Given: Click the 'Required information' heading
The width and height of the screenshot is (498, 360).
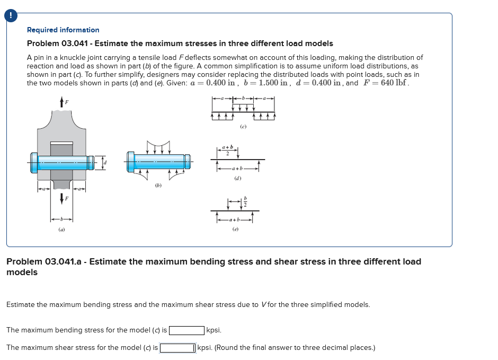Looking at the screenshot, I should [63, 30].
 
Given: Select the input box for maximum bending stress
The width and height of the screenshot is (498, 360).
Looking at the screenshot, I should [186, 330].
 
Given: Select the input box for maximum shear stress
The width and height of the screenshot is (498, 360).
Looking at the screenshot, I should [178, 348].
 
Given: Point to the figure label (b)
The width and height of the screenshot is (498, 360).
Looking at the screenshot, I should [158, 186].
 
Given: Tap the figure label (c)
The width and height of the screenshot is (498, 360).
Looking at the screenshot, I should [243, 127].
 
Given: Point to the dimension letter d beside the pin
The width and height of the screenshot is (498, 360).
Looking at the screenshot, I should [105, 161].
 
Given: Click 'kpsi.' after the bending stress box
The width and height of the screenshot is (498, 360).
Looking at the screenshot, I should [214, 330].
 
